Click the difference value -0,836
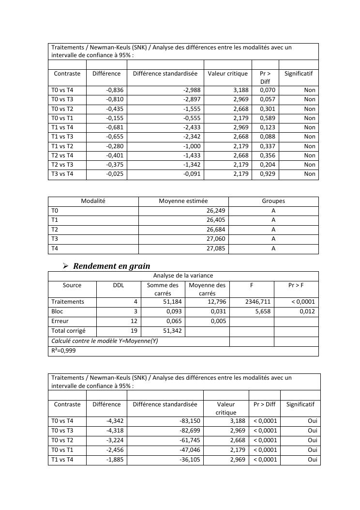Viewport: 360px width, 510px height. coord(115,90)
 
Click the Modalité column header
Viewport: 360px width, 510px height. coord(93,201)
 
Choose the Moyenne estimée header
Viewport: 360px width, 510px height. coord(183,201)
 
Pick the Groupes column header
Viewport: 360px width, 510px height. coord(273,201)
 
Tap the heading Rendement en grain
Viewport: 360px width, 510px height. coord(111,266)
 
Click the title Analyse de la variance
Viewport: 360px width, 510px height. coord(183,276)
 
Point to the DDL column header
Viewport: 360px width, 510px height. coord(119,285)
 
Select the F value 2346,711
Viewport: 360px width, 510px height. coord(258,302)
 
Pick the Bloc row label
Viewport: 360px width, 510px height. coord(57,311)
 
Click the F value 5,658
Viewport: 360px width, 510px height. coord(263,311)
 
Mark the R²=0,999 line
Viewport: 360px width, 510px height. coord(64,351)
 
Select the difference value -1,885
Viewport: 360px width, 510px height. coord(115,459)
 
